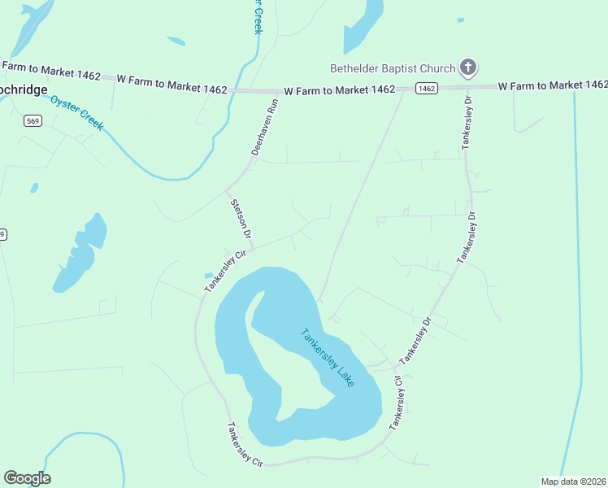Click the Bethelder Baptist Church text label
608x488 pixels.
click(x=392, y=68)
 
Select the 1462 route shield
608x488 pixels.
click(x=426, y=88)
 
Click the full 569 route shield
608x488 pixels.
click(x=33, y=121)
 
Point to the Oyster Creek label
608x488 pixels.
click(x=76, y=112)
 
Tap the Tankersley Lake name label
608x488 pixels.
click(x=328, y=357)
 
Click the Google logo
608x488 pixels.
click(x=27, y=478)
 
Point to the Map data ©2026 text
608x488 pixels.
click(x=573, y=481)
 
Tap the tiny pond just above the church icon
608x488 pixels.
click(x=461, y=20)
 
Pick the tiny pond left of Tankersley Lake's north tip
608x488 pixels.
click(x=209, y=276)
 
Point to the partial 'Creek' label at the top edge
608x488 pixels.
click(x=258, y=16)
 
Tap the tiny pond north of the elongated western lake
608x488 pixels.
click(x=34, y=188)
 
